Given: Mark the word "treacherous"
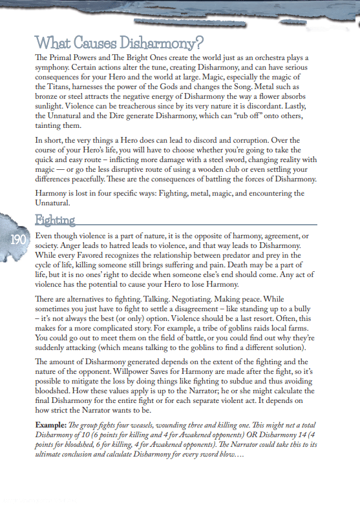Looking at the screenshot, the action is [151, 108].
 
